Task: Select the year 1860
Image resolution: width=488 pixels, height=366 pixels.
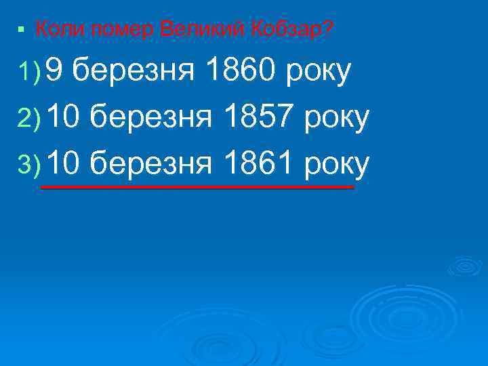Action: (238, 71)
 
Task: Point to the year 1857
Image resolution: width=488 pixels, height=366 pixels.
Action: (258, 119)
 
